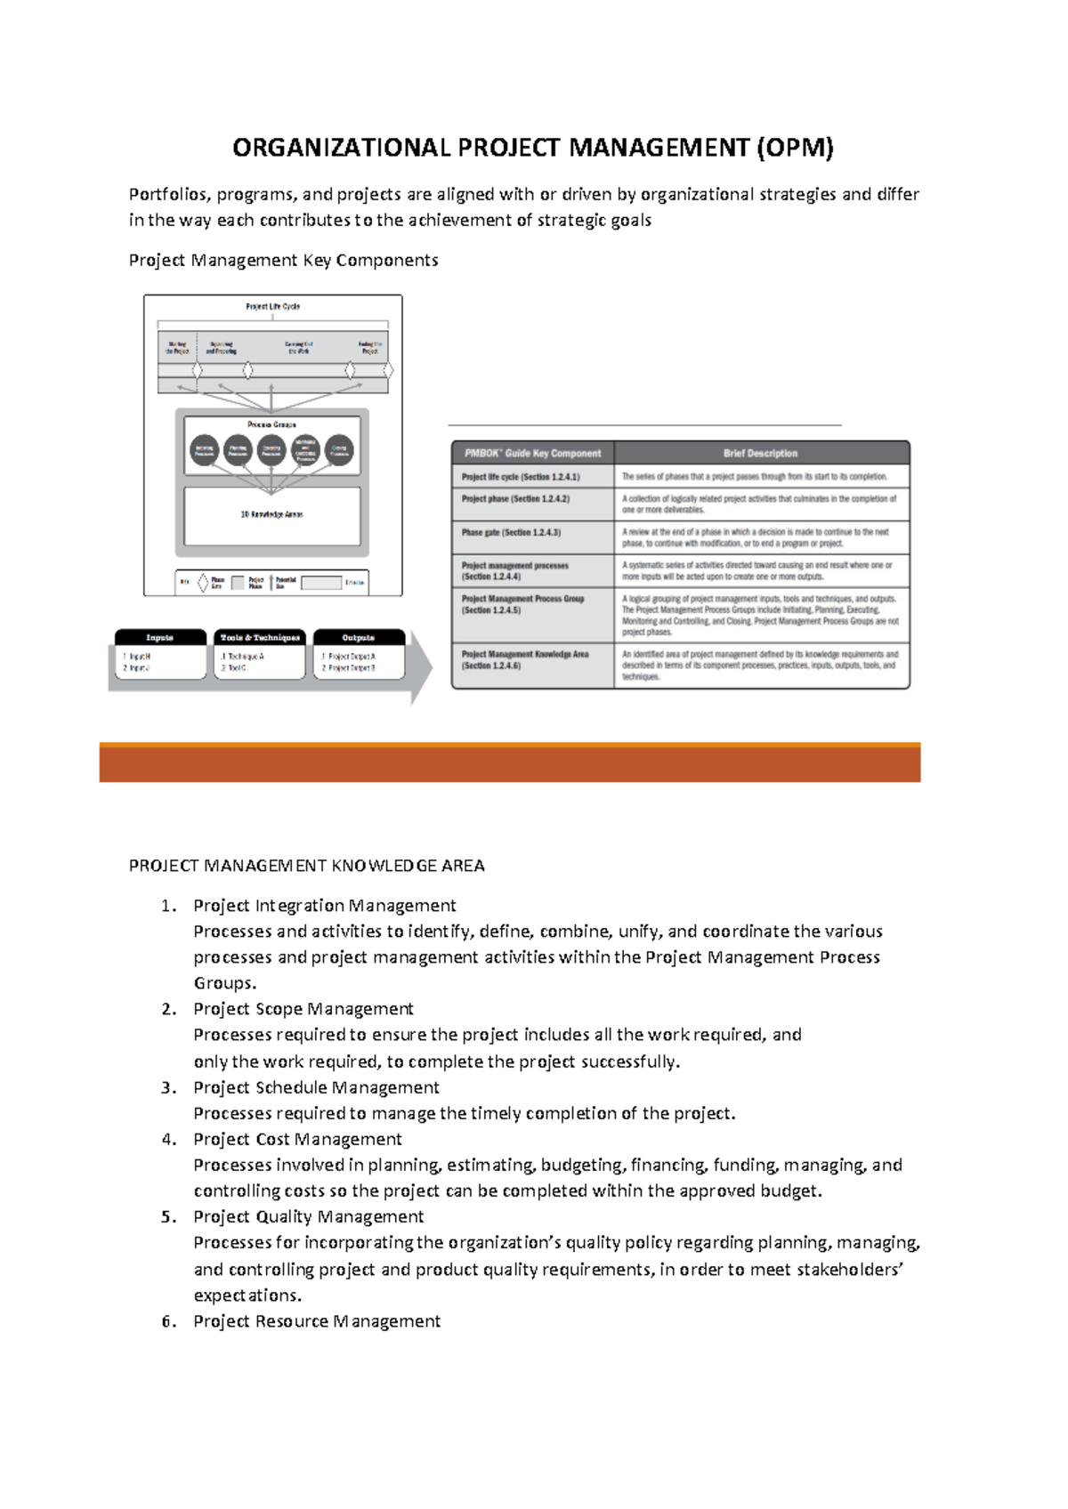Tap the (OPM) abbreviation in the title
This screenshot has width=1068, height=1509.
(x=795, y=147)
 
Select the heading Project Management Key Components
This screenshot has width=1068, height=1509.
(x=283, y=260)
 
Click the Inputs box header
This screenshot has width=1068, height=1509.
(x=160, y=637)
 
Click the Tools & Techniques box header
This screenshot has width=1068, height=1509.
(x=260, y=637)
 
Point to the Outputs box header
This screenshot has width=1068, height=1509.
(x=359, y=637)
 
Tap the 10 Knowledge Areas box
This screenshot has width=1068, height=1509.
(x=271, y=515)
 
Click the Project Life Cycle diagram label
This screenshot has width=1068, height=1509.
(x=272, y=306)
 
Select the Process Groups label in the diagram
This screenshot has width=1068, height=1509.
(x=271, y=424)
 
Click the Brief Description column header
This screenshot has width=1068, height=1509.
(x=760, y=453)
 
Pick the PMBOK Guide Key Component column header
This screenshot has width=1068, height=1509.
(x=533, y=453)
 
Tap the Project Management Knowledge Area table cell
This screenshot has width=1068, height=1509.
(x=525, y=659)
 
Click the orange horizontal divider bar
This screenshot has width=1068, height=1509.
(x=509, y=763)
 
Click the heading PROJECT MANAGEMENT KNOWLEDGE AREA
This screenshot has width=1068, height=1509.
(x=306, y=866)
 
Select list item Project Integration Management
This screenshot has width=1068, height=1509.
(x=324, y=906)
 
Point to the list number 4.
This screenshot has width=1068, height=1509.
(x=168, y=1140)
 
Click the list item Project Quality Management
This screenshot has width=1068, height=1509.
(x=308, y=1217)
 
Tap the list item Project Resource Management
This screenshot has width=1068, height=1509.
(x=316, y=1321)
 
